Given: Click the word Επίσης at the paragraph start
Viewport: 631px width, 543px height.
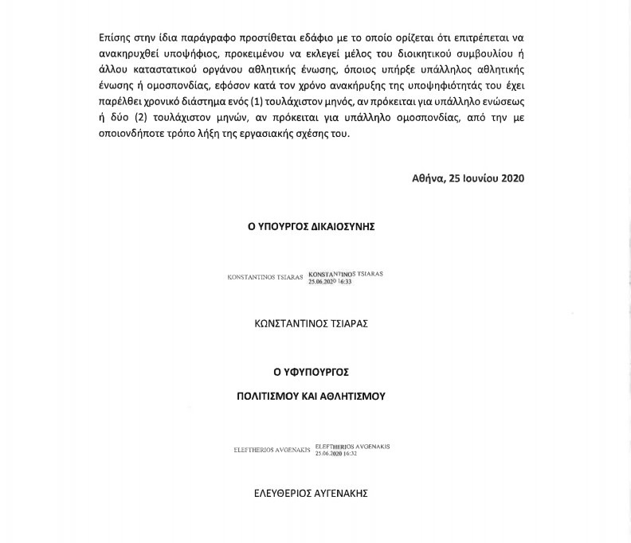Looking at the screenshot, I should click(x=115, y=38).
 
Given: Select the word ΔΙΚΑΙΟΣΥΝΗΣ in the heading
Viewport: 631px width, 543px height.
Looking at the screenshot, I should click(x=340, y=226).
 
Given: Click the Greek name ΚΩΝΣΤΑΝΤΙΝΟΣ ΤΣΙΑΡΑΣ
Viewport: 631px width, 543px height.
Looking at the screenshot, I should click(x=311, y=324).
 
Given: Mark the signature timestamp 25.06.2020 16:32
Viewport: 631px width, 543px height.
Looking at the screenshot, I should click(x=336, y=454).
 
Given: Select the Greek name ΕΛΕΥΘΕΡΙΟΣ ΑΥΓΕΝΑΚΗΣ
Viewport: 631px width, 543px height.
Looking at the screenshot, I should click(x=311, y=494).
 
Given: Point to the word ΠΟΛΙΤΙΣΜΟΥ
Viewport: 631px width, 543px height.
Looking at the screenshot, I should click(x=269, y=396).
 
